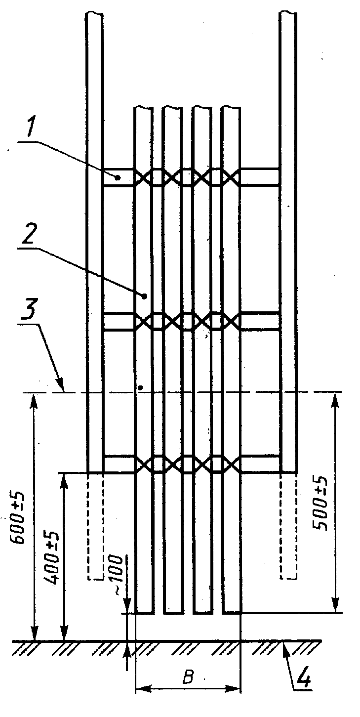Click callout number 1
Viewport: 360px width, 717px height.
coord(32,127)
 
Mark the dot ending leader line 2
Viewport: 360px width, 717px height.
coord(145,296)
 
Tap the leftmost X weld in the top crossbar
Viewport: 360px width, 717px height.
coord(143,177)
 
